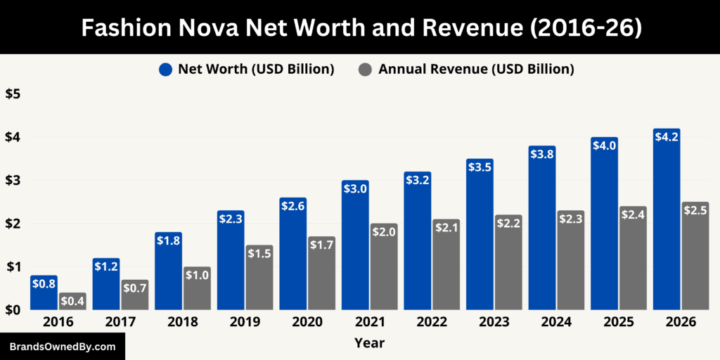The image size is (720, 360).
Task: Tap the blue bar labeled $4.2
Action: (667, 225)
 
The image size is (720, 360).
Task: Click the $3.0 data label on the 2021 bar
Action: (355, 188)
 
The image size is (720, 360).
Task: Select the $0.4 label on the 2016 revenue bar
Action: (72, 301)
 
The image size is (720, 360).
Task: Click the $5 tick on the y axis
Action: (13, 94)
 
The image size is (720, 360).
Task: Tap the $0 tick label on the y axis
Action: (13, 310)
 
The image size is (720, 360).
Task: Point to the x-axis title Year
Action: (369, 342)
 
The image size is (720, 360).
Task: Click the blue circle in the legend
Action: (165, 69)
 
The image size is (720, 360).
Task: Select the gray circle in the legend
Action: (365, 69)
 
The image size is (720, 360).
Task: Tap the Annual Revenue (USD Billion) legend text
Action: (476, 69)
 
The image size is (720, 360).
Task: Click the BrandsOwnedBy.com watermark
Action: (63, 347)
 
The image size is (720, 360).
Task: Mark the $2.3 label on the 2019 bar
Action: (231, 219)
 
